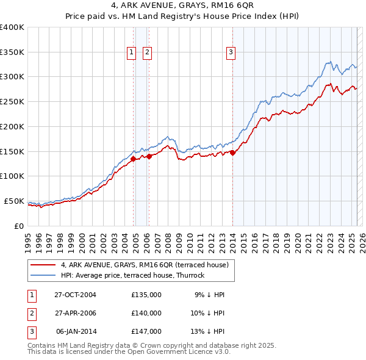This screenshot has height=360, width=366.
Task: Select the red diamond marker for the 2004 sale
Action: pos(134,159)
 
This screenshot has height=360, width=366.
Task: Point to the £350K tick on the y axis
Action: pos(12,52)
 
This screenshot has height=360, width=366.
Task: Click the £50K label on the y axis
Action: pos(13,201)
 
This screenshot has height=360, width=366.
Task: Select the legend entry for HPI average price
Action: pos(132,275)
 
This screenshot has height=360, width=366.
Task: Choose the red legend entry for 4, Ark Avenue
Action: pos(145,265)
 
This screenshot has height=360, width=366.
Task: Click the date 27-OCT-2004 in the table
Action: pos(75,295)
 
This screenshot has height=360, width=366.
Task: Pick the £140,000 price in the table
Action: pos(146,313)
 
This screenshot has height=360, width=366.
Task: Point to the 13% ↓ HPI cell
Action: pos(209,331)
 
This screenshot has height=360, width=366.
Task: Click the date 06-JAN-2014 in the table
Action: pos(75,331)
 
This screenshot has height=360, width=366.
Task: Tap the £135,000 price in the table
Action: pos(146,295)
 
